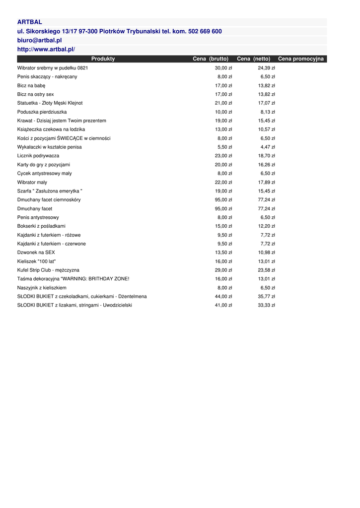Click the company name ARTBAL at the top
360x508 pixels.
(30, 22)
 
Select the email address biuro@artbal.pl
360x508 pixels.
(39, 40)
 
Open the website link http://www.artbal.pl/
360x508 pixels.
(46, 49)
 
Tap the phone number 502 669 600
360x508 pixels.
(203, 31)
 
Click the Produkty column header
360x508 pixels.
(103, 59)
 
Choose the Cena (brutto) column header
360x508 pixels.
(211, 59)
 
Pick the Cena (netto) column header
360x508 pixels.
(254, 59)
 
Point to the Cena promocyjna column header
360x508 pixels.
(301, 59)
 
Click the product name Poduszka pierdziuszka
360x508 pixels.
(42, 112)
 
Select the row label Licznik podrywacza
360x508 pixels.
(38, 156)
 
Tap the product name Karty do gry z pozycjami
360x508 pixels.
(44, 165)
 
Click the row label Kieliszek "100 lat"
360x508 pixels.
(36, 261)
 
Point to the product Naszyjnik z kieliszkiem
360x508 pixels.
(42, 288)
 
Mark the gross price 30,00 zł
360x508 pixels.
(223, 68)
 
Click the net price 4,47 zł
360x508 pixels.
(268, 147)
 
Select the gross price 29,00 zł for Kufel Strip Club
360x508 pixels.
(223, 270)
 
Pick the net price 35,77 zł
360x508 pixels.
(267, 297)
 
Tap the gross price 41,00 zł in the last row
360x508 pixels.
(223, 306)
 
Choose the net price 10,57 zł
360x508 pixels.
(267, 129)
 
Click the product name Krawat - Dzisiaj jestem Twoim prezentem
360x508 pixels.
(62, 121)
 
